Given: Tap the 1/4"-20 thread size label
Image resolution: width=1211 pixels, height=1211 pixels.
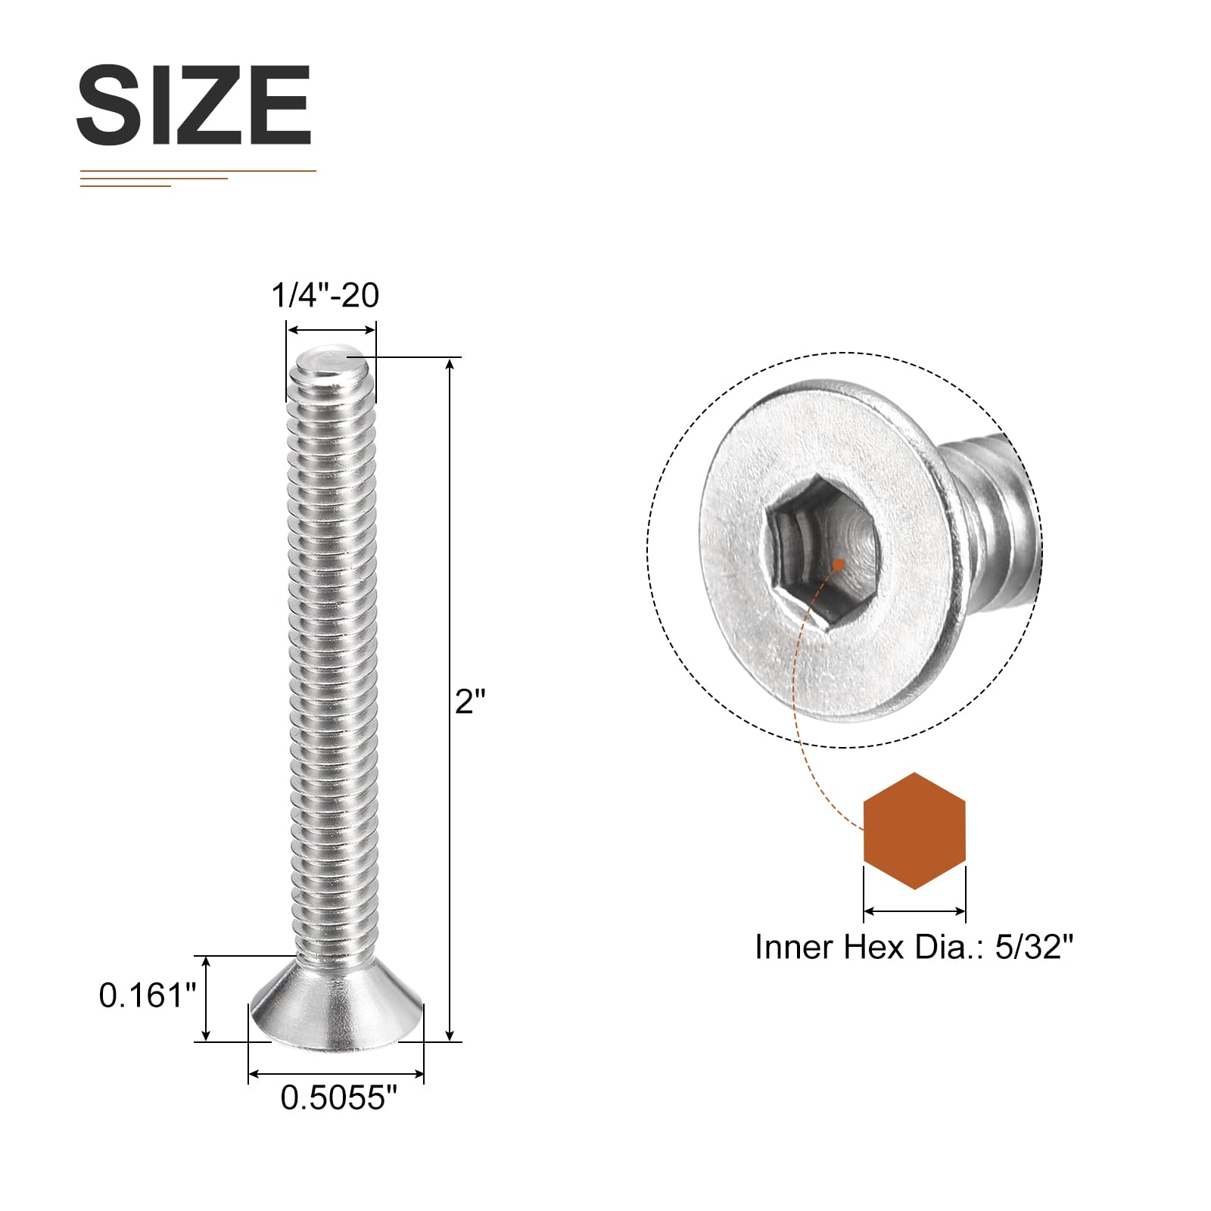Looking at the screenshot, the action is (x=325, y=295).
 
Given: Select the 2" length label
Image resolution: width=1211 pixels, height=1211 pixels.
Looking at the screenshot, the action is (x=469, y=702).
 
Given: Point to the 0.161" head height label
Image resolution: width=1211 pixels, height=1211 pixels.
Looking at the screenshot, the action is (x=148, y=995).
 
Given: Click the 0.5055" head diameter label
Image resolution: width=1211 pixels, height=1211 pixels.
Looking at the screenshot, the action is (x=338, y=1098).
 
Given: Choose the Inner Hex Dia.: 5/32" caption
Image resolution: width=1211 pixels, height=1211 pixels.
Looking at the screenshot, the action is (x=914, y=947).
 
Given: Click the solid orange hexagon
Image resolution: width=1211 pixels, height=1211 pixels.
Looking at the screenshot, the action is (x=914, y=831).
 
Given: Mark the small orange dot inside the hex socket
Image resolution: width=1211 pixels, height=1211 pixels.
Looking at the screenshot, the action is (x=839, y=564).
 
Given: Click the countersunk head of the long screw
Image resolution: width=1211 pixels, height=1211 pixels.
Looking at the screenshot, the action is (x=336, y=1002).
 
